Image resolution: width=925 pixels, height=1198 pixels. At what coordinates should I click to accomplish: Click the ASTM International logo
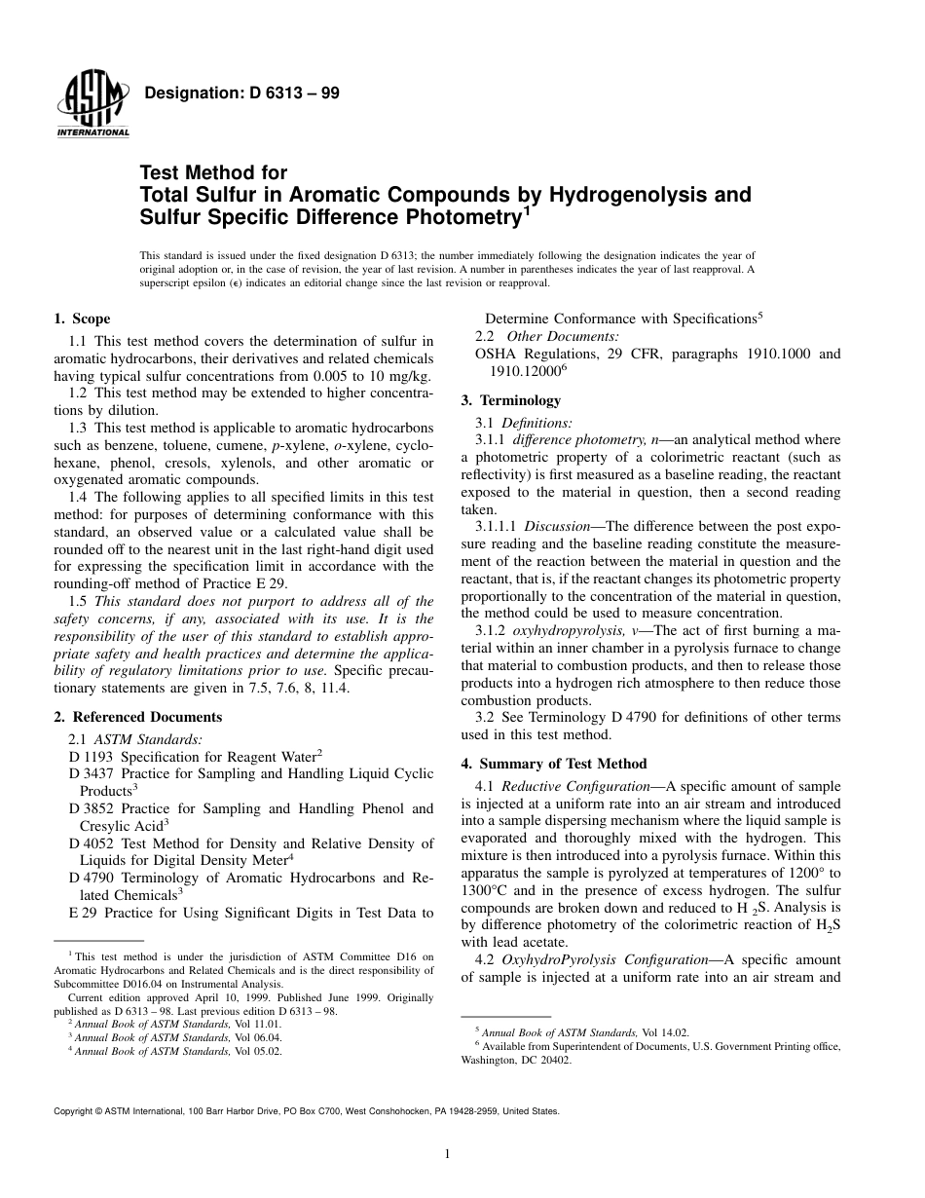tap(92, 105)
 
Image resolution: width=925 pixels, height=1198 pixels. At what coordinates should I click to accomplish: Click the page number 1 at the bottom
tap(447, 1155)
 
